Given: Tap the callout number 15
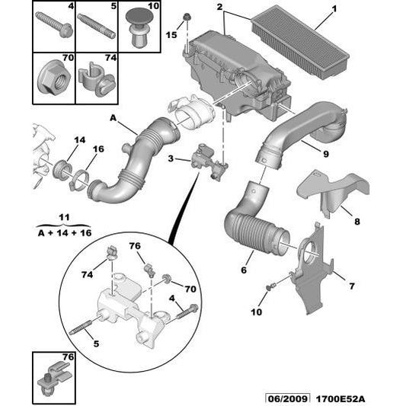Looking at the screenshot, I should [172, 35].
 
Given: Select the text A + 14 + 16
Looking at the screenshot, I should [65, 232].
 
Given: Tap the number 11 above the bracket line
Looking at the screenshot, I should [64, 217].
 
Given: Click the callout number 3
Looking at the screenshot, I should [172, 158].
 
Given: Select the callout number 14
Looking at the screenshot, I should [80, 139].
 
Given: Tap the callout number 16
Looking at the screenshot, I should [98, 149].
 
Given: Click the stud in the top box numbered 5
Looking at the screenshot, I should [97, 27].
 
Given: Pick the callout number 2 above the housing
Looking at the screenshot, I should [219, 8].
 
